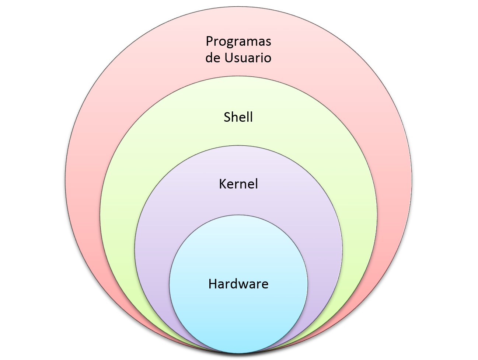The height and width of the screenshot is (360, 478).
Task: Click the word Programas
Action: coord(238,42)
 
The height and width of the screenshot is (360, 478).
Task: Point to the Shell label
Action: coord(238,117)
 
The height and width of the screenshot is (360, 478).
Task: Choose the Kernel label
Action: coord(238,184)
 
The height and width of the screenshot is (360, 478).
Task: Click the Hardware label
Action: coord(238,284)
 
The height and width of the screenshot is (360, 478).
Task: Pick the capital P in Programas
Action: coord(209,41)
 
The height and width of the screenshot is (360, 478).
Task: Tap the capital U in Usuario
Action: coord(228,58)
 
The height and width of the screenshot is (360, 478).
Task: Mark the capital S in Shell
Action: coord(227,117)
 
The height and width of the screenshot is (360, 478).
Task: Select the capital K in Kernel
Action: coord(223,184)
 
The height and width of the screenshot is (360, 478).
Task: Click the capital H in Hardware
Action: coord(213,284)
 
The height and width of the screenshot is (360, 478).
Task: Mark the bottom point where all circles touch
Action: coord(238,353)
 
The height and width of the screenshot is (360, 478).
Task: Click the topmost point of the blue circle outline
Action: coord(238,215)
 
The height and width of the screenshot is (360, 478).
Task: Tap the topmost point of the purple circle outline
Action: coord(238,145)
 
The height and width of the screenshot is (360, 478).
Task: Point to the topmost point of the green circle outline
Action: coord(238,76)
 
